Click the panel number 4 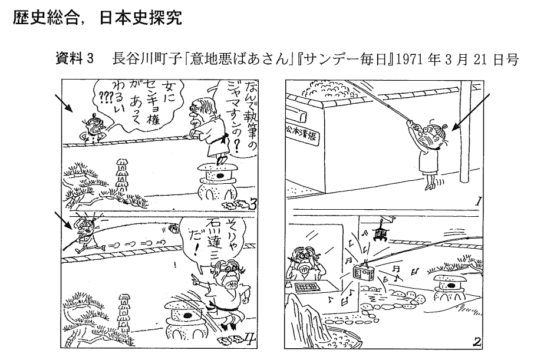click(x=249, y=336)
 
